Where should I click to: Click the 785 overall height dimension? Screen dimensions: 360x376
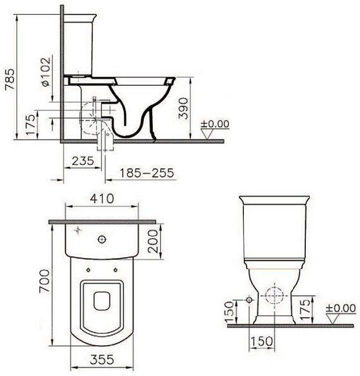click(x=10, y=79)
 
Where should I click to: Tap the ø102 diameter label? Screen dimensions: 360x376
click(x=45, y=72)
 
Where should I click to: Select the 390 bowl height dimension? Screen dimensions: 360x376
click(x=184, y=108)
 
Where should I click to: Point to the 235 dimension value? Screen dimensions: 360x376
click(x=83, y=161)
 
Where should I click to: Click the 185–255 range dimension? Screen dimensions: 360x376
click(x=146, y=173)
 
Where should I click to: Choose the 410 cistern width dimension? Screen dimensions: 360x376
click(x=102, y=199)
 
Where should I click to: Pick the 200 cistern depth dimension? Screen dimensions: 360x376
click(x=153, y=241)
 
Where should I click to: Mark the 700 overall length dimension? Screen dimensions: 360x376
click(x=45, y=281)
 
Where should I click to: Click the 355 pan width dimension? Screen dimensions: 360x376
click(x=102, y=359)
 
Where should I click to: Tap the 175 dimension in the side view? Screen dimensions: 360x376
click(x=31, y=124)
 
